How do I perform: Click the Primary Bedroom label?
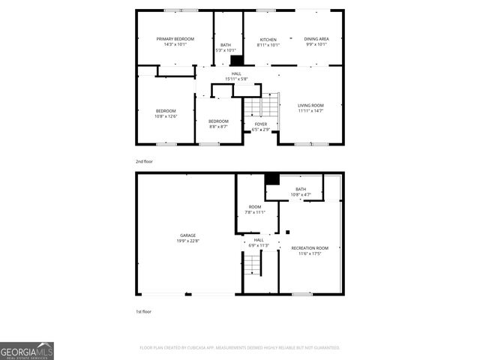tap(175, 39)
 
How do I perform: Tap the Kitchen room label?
tap(268, 40)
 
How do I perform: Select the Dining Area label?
tap(316, 39)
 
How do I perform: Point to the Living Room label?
tap(310, 106)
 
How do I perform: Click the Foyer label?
tap(260, 124)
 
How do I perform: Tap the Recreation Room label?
tap(310, 248)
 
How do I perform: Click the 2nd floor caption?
tap(145, 161)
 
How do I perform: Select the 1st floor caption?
tap(144, 310)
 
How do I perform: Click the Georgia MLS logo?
tap(27, 351)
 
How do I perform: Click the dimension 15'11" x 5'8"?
tap(235, 79)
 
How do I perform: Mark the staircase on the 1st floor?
tap(252, 265)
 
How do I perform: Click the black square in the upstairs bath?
tap(236, 61)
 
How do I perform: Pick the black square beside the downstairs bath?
tap(271, 178)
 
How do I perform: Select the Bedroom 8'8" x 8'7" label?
tap(218, 121)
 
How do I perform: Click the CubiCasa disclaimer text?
tap(240, 348)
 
